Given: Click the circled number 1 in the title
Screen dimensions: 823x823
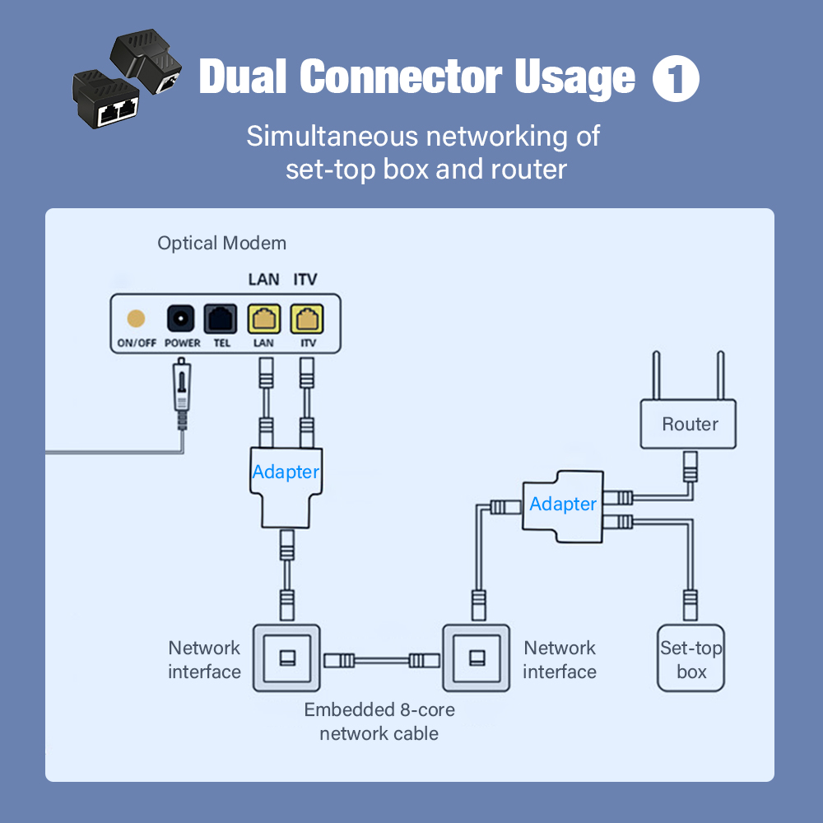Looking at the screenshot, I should coord(676,80).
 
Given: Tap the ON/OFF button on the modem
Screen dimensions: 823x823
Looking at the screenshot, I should coord(135,319).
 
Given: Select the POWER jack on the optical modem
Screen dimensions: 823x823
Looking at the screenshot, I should coord(181,319).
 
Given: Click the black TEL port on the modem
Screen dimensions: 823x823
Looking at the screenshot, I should coord(221,319).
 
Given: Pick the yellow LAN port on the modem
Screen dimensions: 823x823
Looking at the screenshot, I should coord(264,319).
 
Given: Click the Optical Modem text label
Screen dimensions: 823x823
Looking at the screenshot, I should coord(222,244).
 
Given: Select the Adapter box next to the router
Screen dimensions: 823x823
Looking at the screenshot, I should coord(563,504).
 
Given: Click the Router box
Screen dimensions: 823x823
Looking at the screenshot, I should coord(690,425).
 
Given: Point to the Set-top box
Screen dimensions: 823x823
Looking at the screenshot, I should coord(691,659).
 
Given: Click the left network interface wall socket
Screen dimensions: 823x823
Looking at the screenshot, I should coord(286,658).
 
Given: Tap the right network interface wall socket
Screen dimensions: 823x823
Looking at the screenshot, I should coord(477,658).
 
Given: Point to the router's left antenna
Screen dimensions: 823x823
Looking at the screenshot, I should coord(658,374).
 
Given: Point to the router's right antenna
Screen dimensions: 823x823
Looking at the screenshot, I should coord(721,374).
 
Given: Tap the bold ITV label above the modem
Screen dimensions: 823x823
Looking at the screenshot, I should coord(305,280).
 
